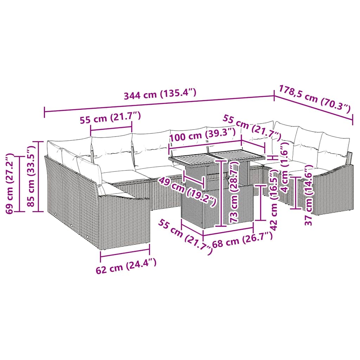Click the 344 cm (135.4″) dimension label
(x=159, y=94)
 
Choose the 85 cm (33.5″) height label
(x=34, y=176)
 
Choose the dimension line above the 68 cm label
(x=229, y=230)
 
